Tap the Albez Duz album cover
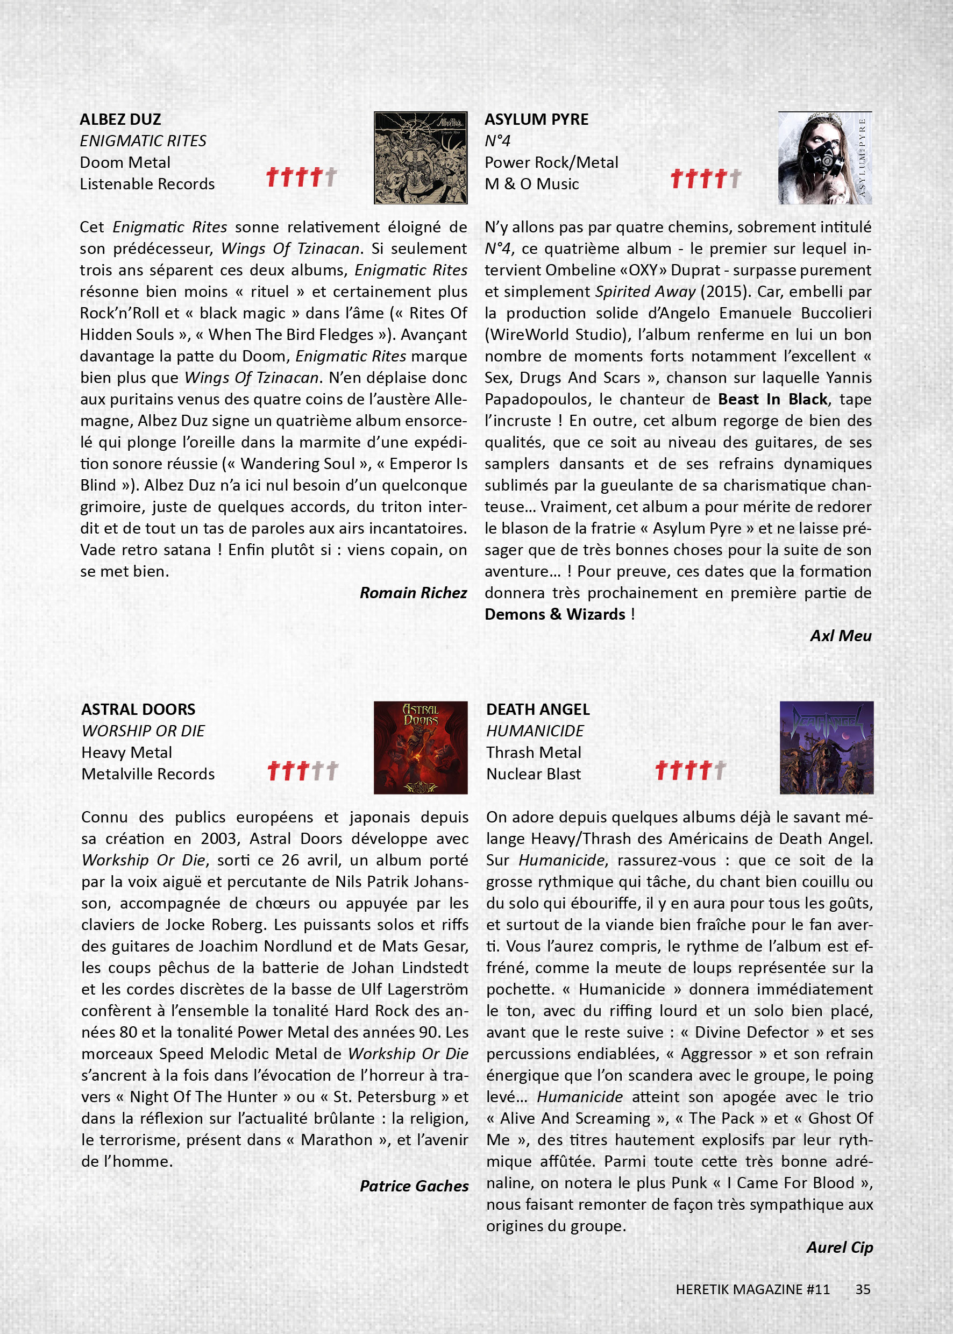[x=420, y=157]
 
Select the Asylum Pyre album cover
[x=824, y=157]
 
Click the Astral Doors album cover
[x=420, y=747]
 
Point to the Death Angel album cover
[x=826, y=747]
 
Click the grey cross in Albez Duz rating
[x=331, y=176]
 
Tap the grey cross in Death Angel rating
[x=720, y=770]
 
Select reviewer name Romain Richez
[x=413, y=593]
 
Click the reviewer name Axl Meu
[x=841, y=636]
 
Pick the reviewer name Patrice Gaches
[x=414, y=1186]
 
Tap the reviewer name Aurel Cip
[x=839, y=1247]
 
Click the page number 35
[x=863, y=1289]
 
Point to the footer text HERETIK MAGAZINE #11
[x=752, y=1289]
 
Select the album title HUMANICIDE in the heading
[x=535, y=730]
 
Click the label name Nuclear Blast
[x=533, y=774]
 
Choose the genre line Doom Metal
[x=125, y=162]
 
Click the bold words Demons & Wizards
[x=554, y=614]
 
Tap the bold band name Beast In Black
[x=772, y=399]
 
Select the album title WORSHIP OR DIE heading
[x=143, y=730]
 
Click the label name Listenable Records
[x=147, y=184]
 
